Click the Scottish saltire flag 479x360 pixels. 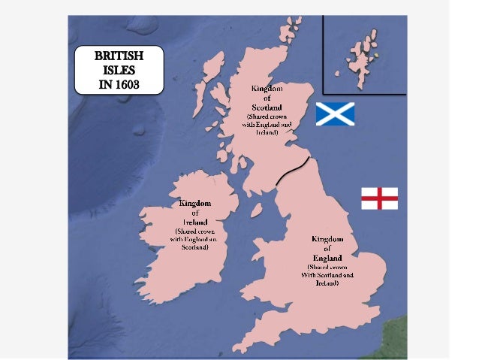[334, 114]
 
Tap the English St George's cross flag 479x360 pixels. [379, 198]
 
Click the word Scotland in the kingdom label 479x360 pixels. [266, 107]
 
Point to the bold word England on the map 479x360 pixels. [327, 257]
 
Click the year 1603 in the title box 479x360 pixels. [119, 82]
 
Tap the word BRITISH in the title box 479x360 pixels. [119, 56]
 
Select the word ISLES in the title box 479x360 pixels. [119, 69]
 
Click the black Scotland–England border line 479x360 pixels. [292, 171]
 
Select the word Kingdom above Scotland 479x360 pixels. [266, 89]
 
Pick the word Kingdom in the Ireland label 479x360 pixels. [194, 203]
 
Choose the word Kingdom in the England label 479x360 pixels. [327, 239]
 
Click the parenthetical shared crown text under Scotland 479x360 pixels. [266, 124]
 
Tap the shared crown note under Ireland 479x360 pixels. [194, 239]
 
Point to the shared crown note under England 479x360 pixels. [327, 274]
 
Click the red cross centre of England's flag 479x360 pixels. [379, 198]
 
